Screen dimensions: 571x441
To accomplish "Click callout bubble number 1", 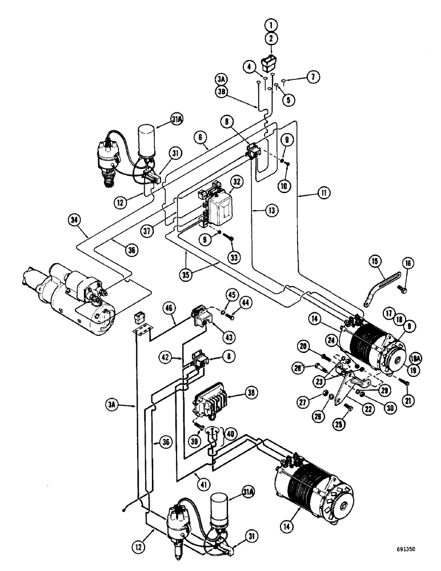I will (271, 25).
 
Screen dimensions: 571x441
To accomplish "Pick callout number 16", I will (407, 263).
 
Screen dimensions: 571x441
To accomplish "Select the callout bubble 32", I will (235, 181).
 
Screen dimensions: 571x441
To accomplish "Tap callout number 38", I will (250, 393).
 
